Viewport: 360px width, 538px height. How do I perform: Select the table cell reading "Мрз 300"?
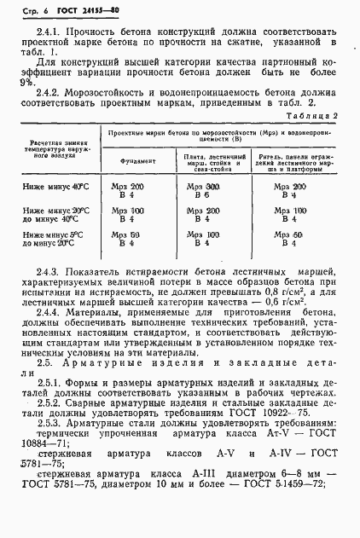(201, 186)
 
